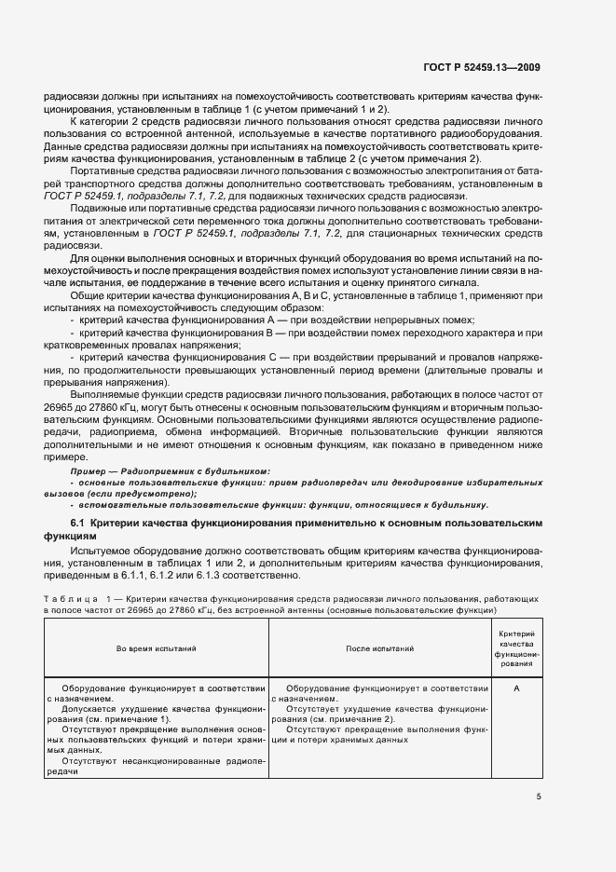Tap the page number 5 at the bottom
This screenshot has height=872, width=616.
pos(539,797)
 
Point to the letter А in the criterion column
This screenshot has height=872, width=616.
pos(516,688)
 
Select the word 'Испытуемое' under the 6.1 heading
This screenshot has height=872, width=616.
pos(102,552)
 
